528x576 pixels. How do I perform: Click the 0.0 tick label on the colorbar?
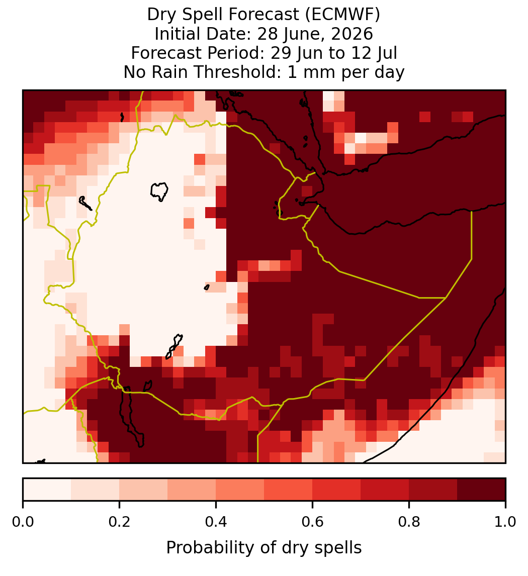click(23, 522)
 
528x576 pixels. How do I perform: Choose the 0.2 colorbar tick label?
click(119, 522)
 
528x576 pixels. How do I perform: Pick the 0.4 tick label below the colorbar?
click(216, 522)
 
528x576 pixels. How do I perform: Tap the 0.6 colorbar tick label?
click(312, 522)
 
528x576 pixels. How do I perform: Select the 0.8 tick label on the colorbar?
click(409, 522)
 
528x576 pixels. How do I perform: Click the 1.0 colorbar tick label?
click(505, 522)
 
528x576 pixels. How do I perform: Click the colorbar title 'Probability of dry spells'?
click(264, 548)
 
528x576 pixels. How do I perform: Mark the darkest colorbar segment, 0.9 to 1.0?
click(481, 490)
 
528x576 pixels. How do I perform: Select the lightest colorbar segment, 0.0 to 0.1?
click(47, 490)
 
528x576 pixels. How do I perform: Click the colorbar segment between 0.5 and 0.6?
click(288, 490)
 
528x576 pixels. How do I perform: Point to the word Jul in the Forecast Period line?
click(388, 53)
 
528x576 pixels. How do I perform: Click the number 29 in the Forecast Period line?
click(279, 53)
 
